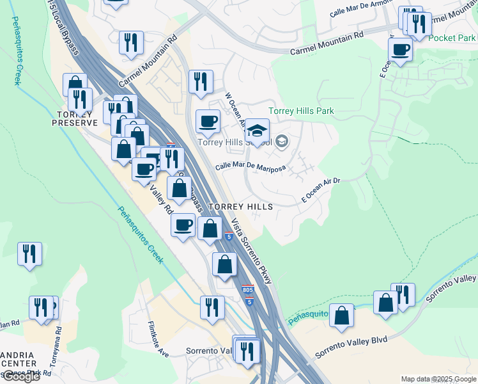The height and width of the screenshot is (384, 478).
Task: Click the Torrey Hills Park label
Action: coord(301,111)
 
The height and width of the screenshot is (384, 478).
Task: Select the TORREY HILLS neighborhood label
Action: coord(240,207)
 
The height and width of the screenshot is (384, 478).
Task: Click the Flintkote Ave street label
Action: coord(158,339)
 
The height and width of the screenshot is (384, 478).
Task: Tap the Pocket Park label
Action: coord(452,38)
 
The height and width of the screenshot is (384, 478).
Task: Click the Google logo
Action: coord(20,376)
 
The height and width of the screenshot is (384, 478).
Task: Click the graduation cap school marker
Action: coord(257,131)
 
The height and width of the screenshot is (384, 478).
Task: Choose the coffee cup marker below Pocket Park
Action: coord(401,49)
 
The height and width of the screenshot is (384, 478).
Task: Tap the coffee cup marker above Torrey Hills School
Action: coord(207,120)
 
